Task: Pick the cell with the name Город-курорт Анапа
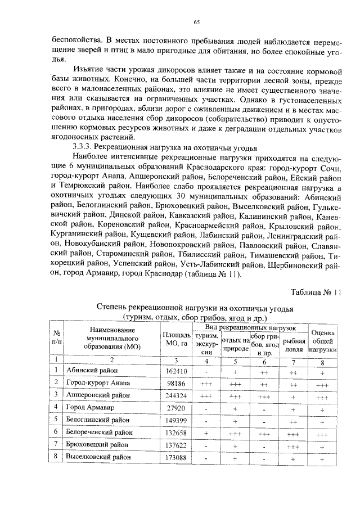[98, 383]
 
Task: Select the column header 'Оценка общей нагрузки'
[322, 341]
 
